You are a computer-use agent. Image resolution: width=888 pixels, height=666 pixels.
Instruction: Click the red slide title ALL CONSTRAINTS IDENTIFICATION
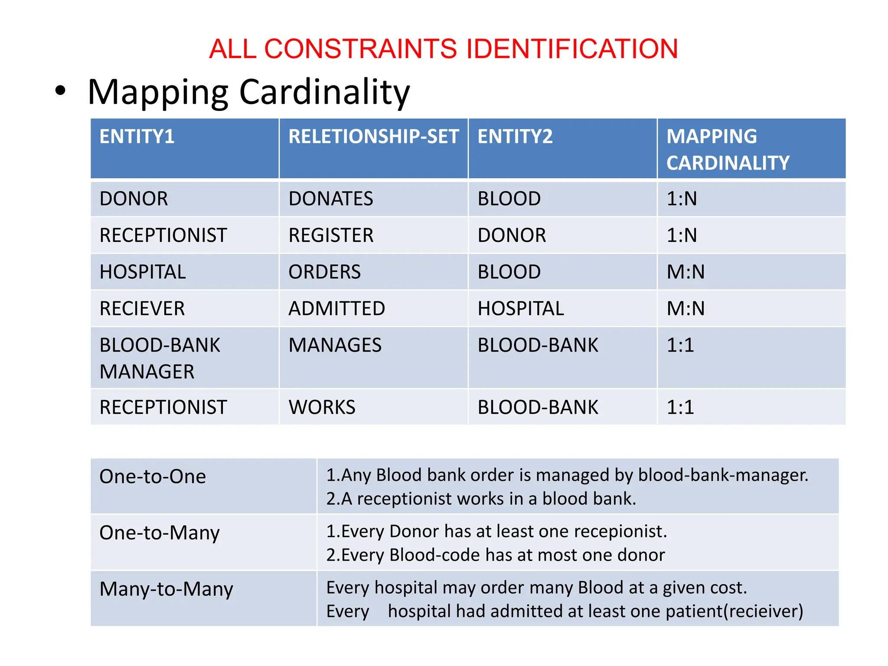click(443, 49)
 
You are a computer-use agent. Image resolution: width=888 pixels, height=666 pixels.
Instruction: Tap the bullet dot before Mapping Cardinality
click(60, 91)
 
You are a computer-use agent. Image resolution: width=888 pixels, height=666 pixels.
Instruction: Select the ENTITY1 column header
click(137, 137)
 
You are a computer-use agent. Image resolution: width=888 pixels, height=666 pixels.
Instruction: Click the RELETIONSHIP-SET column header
click(373, 137)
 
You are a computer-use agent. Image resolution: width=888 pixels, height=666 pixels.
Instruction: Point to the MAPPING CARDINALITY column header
click(728, 150)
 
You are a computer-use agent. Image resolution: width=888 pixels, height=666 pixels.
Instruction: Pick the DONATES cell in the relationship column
click(330, 199)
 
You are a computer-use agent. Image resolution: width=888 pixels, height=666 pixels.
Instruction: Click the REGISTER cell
click(331, 235)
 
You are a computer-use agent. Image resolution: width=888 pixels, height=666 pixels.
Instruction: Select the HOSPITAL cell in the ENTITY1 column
click(143, 272)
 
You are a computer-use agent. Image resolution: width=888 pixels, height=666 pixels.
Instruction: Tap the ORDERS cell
click(324, 272)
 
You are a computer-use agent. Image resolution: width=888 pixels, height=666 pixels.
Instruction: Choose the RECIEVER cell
click(142, 309)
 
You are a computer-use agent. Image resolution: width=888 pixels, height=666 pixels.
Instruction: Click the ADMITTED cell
click(336, 309)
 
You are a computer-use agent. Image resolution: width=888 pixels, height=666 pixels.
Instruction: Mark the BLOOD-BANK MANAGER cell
click(160, 358)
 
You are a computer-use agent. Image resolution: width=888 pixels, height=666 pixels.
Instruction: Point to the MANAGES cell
click(335, 346)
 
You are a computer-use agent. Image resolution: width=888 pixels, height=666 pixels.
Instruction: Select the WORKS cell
click(322, 408)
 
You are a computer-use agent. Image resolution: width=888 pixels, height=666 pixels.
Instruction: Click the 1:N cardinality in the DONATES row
click(682, 199)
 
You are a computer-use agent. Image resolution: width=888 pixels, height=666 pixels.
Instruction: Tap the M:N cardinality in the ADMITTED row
click(686, 309)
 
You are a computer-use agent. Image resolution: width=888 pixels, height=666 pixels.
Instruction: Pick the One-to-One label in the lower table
click(153, 477)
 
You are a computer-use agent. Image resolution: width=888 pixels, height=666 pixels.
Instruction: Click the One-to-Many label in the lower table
click(160, 533)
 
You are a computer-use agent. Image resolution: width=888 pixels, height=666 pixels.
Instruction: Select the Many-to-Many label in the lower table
click(166, 589)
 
